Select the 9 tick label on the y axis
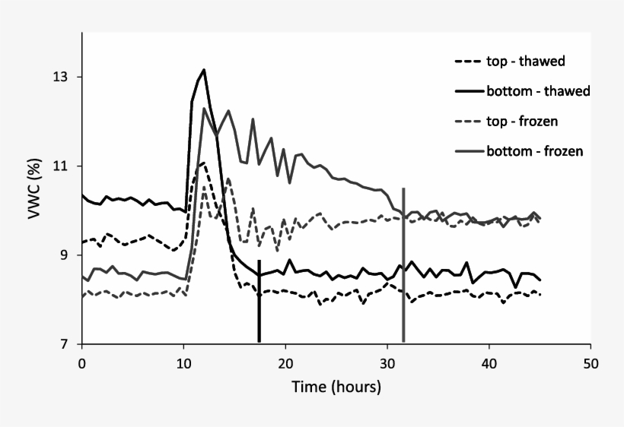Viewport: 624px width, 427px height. click(66, 256)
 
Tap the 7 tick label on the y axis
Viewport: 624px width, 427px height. click(66, 345)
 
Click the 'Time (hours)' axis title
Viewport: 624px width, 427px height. click(336, 387)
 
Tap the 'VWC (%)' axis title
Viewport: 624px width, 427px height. click(34, 188)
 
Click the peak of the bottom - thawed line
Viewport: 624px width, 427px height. click(204, 70)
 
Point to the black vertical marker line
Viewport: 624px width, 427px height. click(259, 304)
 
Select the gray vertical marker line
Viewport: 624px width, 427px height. click(403, 266)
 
